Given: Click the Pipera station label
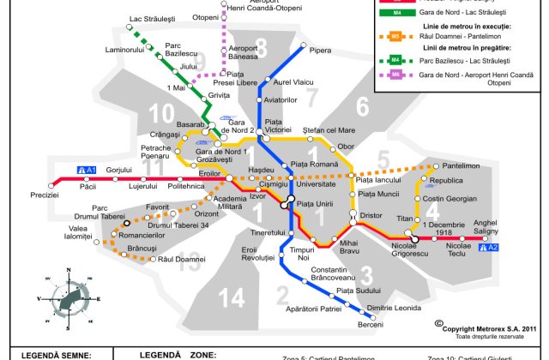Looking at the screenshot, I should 320,51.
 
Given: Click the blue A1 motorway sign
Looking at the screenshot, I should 87,170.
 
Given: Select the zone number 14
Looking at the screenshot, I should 231,297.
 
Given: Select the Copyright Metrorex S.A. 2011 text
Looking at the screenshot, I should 487,327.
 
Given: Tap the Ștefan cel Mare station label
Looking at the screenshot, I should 329,130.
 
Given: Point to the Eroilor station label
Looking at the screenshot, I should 210,173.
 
